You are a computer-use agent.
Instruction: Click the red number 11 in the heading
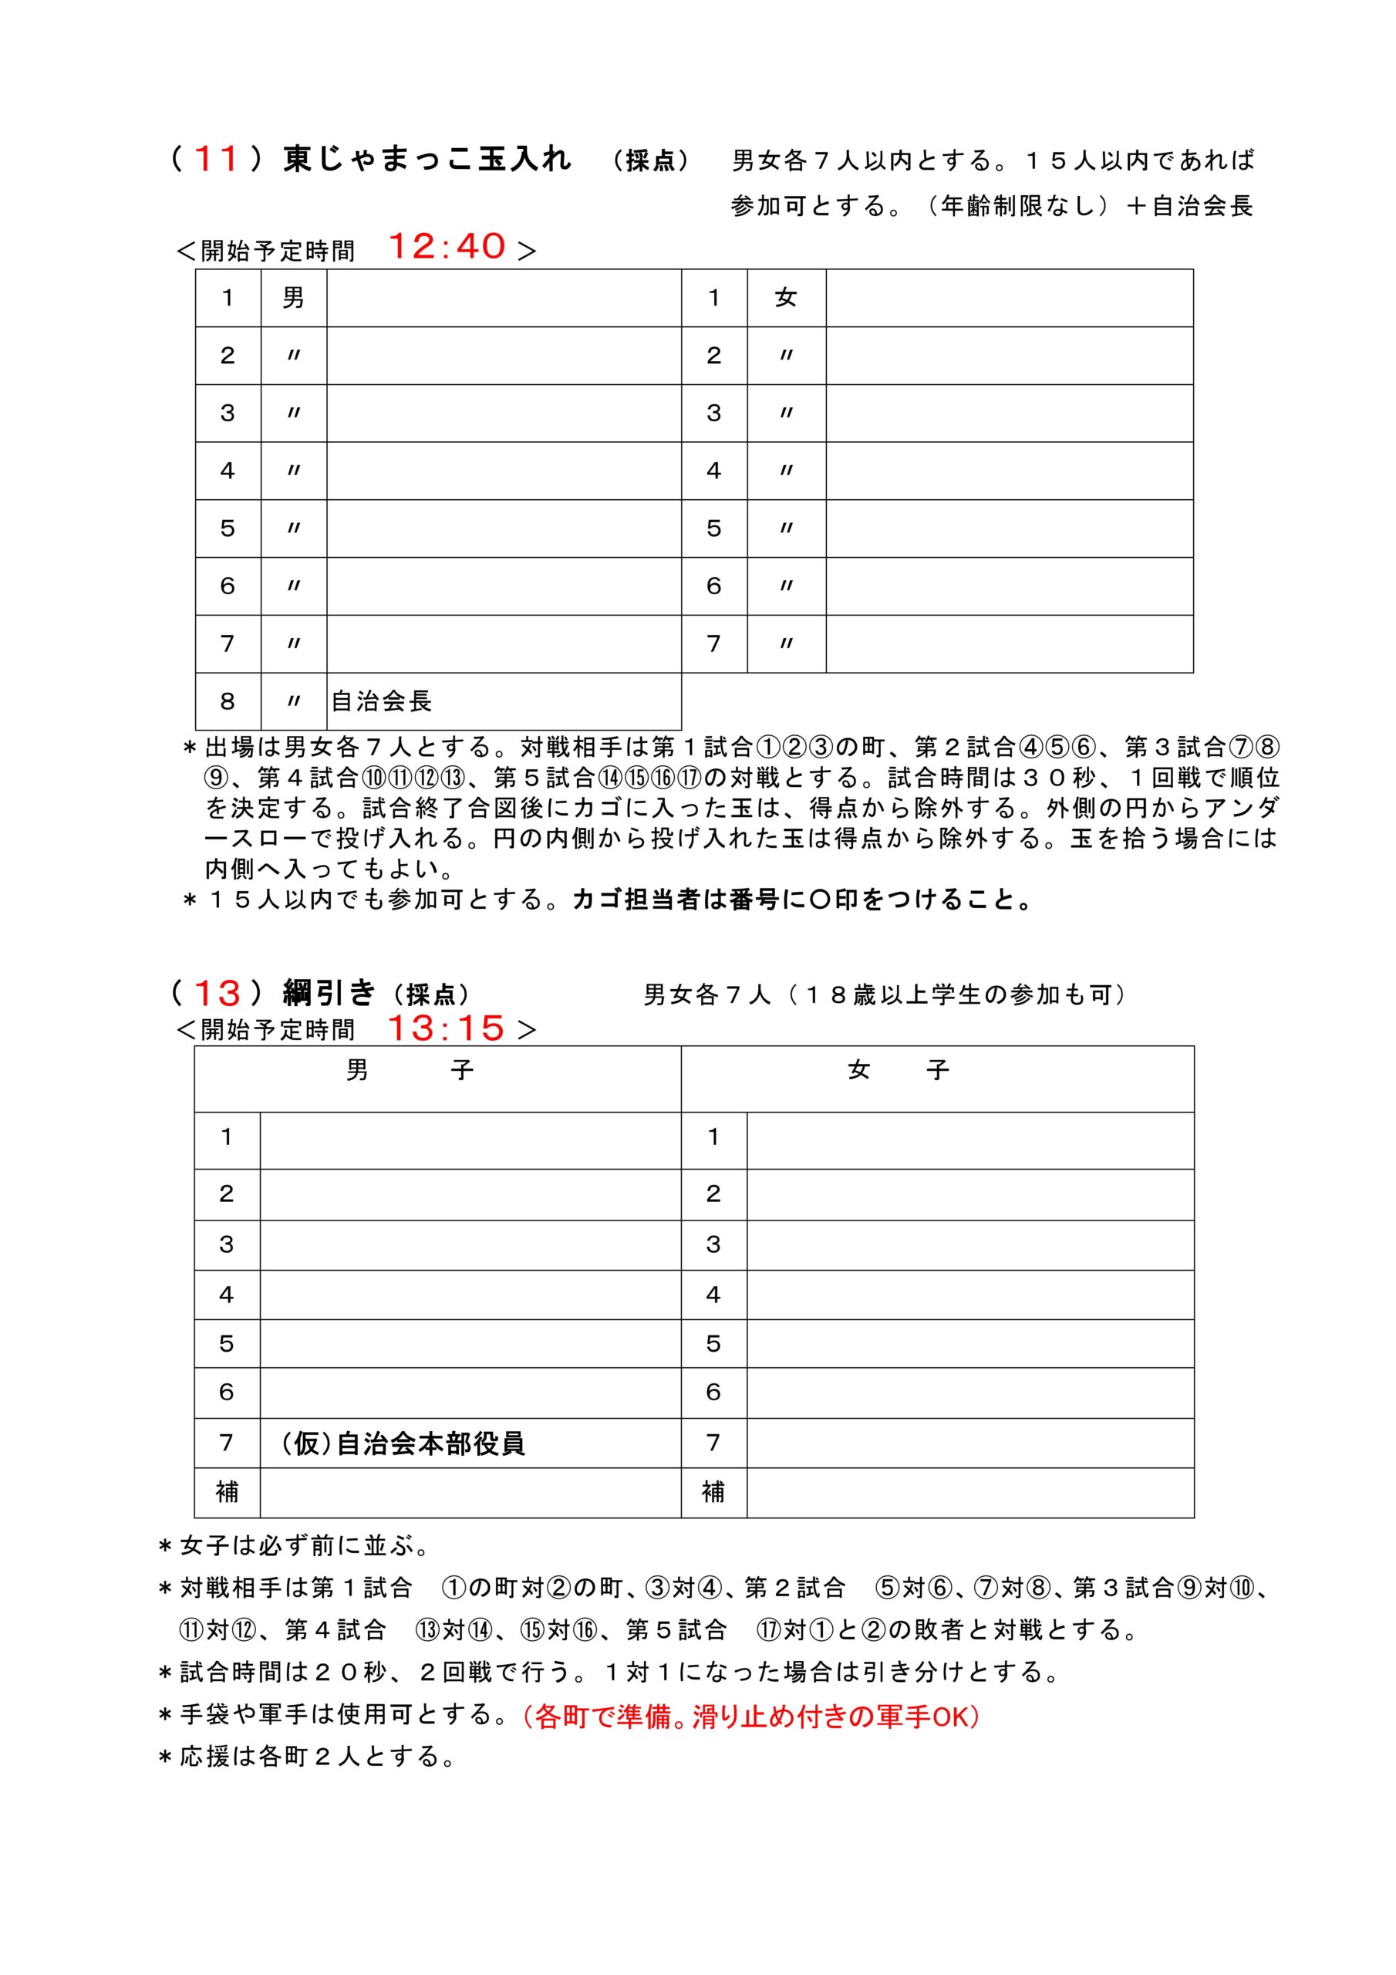216,160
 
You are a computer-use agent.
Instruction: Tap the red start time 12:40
447,247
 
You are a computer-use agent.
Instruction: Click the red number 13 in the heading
217,994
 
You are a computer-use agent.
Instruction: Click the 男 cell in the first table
293,298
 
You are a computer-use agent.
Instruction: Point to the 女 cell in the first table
785,298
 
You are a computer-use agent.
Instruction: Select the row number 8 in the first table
227,701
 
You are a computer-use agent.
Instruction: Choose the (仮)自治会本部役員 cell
403,1443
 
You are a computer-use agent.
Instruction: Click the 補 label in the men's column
227,1492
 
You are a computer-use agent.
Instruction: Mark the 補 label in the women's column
713,1492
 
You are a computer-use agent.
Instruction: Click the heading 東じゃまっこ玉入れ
427,160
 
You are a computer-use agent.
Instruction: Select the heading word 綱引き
329,994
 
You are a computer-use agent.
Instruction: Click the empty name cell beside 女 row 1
1009,298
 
